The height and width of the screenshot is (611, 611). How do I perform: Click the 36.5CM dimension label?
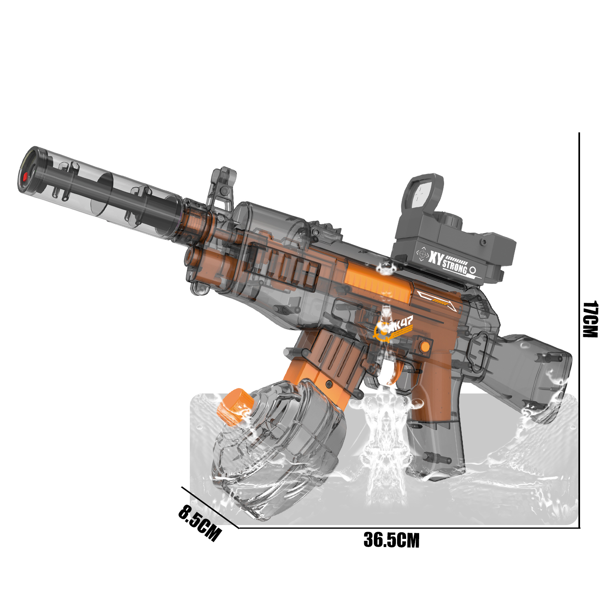[391, 540]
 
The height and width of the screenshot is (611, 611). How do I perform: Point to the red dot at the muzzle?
[25, 176]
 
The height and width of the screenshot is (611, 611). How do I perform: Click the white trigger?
[389, 371]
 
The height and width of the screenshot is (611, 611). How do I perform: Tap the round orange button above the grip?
[424, 347]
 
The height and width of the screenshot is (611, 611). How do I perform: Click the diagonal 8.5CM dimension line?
[210, 507]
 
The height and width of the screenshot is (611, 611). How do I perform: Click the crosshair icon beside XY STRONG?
[423, 254]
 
